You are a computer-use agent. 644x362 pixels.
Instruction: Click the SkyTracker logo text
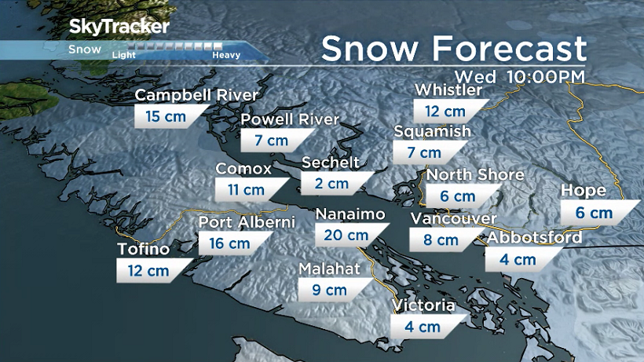[x=119, y=27]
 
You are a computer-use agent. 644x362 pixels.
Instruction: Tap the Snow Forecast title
[x=454, y=49]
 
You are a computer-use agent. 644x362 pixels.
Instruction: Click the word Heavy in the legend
[x=225, y=55]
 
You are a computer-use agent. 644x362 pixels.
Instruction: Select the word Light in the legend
[x=124, y=55]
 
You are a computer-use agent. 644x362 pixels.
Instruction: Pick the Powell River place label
[x=290, y=119]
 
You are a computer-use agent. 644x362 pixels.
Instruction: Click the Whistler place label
[x=448, y=90]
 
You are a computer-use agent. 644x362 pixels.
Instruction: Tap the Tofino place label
[x=143, y=250]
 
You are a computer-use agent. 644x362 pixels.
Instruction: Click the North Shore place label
[x=474, y=174]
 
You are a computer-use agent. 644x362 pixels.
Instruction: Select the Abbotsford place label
[x=535, y=238]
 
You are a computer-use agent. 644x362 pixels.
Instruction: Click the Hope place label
[x=584, y=191]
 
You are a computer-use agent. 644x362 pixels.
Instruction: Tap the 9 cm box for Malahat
[x=331, y=290]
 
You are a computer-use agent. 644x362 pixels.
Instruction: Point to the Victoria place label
[x=424, y=305]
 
